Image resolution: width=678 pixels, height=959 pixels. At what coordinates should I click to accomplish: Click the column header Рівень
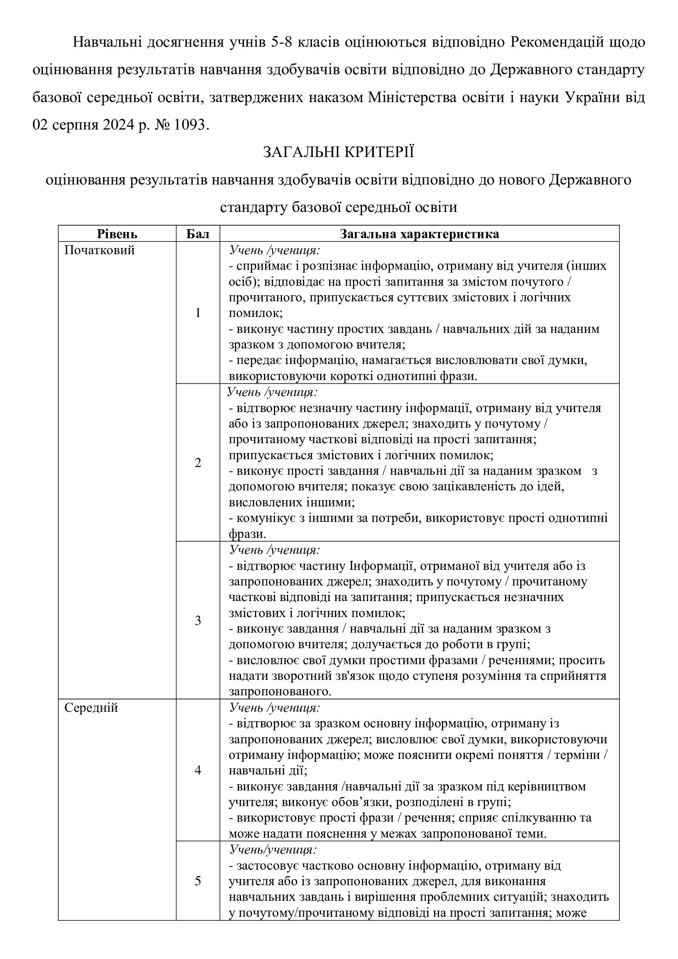[117, 234]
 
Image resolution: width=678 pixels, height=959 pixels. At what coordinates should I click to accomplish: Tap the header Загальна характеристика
[419, 234]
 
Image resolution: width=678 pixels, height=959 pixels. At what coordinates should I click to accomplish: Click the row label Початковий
[99, 251]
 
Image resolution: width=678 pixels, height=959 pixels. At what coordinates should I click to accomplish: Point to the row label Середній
[91, 708]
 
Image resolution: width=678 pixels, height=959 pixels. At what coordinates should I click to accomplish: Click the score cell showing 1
[198, 313]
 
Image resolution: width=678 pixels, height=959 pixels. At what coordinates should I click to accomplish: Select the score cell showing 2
[198, 462]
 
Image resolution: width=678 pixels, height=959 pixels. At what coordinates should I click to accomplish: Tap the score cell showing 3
[198, 620]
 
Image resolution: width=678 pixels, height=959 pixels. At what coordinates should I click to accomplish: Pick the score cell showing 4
[198, 770]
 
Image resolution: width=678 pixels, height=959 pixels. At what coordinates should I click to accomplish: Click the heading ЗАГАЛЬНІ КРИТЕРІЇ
[339, 152]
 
